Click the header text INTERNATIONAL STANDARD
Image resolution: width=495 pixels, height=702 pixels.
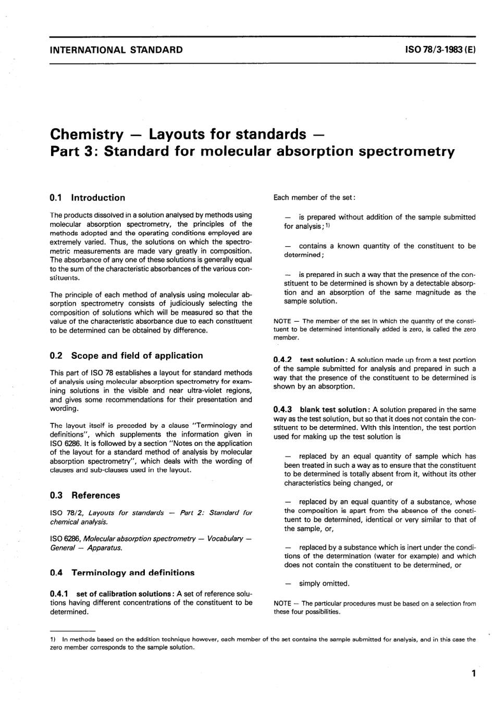[x=116, y=50]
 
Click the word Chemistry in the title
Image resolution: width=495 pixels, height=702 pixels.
[x=86, y=134]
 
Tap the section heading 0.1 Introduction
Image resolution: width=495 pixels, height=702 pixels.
[x=88, y=198]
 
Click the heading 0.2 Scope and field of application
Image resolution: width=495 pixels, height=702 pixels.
[x=127, y=355]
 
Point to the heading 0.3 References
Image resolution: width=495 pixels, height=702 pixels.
[x=85, y=495]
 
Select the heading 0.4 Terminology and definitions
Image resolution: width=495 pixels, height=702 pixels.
[x=122, y=572]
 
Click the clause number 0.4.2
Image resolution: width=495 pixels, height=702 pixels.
[x=283, y=360]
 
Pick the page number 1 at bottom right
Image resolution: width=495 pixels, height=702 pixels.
[x=473, y=673]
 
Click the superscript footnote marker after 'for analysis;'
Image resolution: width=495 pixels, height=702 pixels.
[x=328, y=225]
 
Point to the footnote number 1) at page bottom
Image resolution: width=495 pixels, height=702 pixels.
[x=53, y=639]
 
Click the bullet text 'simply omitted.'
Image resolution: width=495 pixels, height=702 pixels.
[x=324, y=583]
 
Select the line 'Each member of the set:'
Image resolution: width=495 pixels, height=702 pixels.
[x=315, y=197]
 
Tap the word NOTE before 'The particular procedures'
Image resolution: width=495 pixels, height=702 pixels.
[x=282, y=603]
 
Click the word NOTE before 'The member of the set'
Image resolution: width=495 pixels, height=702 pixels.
[x=282, y=321]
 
